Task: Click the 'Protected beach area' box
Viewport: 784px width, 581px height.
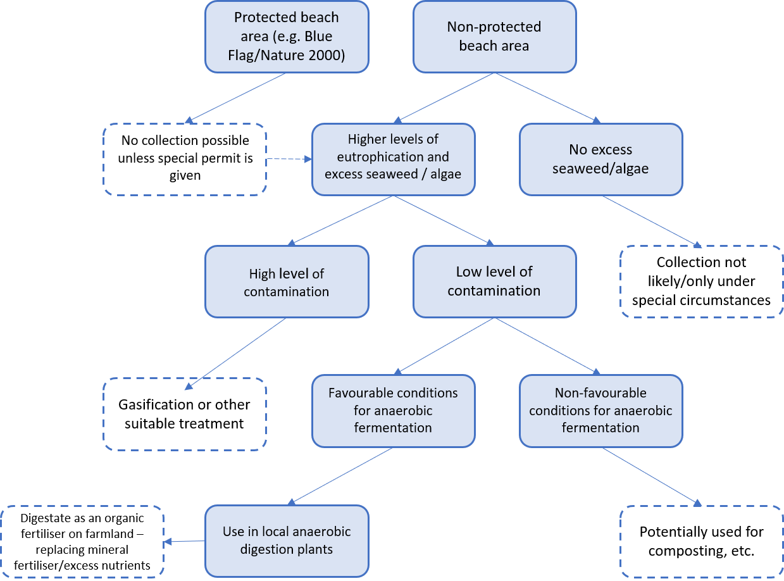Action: [x=286, y=36]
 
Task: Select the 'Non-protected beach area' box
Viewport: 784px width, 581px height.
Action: [x=494, y=36]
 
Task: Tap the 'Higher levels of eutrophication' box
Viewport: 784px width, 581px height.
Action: [x=393, y=159]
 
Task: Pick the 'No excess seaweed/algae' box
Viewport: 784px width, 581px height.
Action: [x=600, y=159]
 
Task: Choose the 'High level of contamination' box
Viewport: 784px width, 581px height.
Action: [x=286, y=282]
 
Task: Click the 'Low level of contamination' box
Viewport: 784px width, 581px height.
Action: [x=494, y=282]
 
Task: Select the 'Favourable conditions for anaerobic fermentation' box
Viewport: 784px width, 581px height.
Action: [x=393, y=410]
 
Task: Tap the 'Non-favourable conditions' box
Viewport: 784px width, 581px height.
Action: [x=600, y=410]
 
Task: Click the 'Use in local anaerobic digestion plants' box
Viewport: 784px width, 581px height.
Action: [x=286, y=540]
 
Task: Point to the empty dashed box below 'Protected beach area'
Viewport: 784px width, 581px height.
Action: [x=185, y=159]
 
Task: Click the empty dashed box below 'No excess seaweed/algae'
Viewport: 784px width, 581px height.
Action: [x=701, y=282]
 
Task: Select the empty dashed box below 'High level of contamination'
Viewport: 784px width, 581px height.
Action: [x=185, y=414]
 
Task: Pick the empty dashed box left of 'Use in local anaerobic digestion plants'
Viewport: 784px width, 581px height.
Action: [x=82, y=541]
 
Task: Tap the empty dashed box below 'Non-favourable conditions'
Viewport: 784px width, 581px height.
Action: [x=701, y=541]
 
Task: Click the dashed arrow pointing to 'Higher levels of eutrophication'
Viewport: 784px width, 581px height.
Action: [x=289, y=159]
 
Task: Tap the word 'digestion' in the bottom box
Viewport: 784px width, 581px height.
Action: [x=268, y=549]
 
